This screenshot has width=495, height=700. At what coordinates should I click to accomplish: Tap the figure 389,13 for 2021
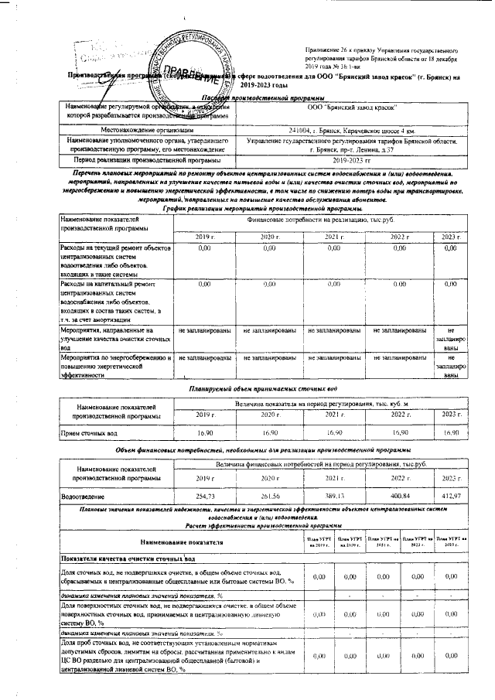pos(334,496)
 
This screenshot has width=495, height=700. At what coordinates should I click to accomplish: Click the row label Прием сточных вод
pos(89,434)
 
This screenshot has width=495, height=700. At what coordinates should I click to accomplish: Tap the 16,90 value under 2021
pos(334,433)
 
